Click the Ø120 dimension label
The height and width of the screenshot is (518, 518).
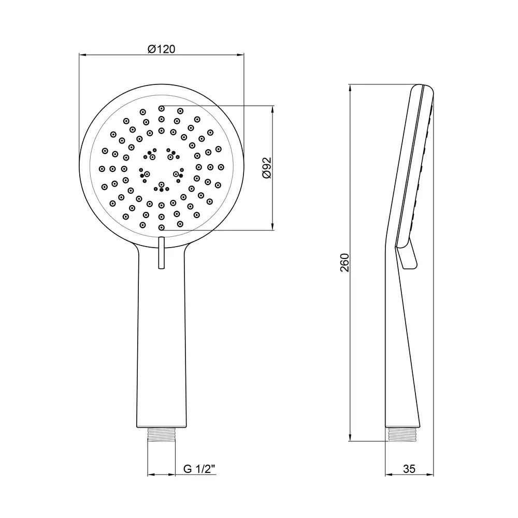[161, 49]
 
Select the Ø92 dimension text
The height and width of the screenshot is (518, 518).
[267, 168]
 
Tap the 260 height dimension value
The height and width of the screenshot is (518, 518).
[344, 263]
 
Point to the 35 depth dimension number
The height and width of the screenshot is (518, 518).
[409, 469]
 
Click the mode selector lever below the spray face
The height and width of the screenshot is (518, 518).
[162, 253]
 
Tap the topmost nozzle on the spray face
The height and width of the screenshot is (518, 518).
[162, 108]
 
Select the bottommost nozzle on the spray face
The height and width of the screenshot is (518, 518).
[162, 227]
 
